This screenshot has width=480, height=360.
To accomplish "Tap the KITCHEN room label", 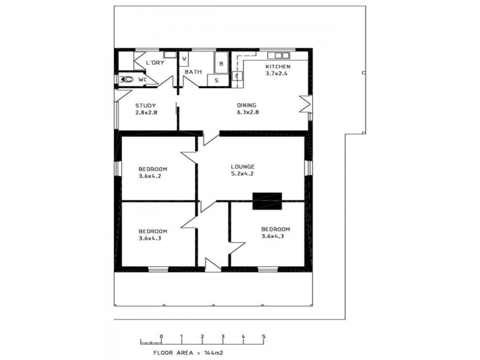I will tap(278, 67).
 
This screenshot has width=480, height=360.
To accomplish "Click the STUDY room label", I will tap(145, 106).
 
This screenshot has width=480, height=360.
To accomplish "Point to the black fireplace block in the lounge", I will tap(267, 200).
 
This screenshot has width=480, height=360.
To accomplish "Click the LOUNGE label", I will tap(243, 167).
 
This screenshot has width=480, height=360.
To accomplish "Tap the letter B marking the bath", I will tap(220, 62).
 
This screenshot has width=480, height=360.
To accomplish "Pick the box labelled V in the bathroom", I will tap(184, 59).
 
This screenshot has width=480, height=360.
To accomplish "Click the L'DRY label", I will tap(155, 62).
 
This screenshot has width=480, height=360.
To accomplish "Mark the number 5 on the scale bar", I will tap(263, 336).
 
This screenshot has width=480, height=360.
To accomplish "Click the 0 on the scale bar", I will tap(161, 336).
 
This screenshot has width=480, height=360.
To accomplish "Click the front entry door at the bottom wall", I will tap(212, 265).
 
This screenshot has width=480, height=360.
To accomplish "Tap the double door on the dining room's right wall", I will tap(307, 104).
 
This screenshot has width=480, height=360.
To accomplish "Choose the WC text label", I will tap(143, 79).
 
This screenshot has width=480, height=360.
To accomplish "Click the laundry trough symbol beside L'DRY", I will tap(170, 55).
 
